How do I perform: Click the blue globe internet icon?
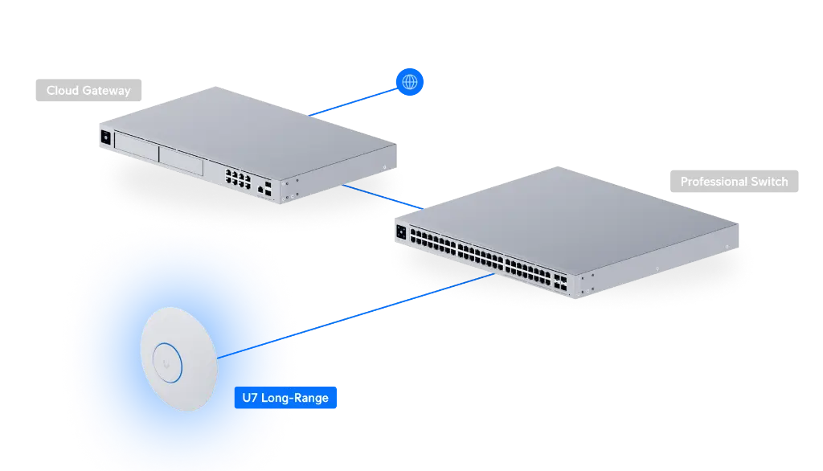tap(410, 81)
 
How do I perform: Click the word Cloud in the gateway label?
tap(62, 90)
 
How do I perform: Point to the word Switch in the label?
tap(769, 182)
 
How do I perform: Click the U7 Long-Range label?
tap(285, 397)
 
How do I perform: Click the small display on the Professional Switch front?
tap(400, 233)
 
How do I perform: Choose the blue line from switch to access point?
tap(394, 303)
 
